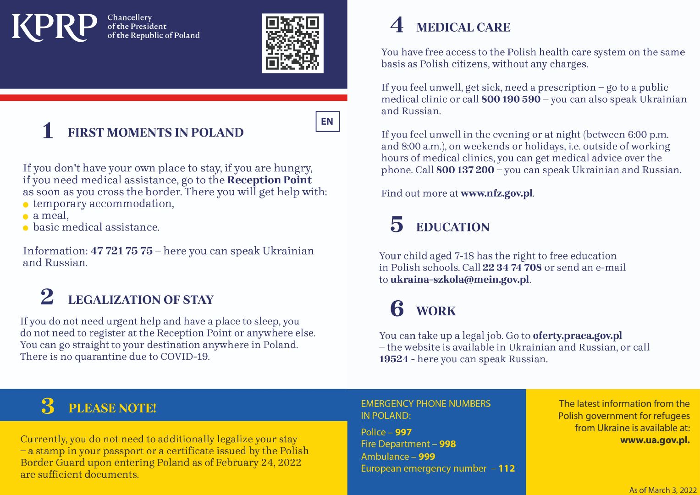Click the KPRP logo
coord(54,27)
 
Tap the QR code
coord(292,43)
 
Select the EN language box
coord(327,121)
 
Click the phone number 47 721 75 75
coord(121,251)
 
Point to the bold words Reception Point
coord(269,180)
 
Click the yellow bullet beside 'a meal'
coord(26,216)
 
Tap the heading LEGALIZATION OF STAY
coord(141,300)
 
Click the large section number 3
coord(48,407)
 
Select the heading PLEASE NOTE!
coord(112,408)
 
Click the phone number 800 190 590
coord(511,99)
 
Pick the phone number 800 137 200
coord(465,170)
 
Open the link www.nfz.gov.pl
coord(496,193)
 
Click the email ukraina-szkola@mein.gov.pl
coord(460,280)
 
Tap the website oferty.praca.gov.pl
coord(577,335)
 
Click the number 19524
coord(393,359)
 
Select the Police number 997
coord(403,432)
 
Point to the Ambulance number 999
coord(427,456)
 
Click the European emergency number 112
coord(507,468)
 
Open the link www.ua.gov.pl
coord(655,440)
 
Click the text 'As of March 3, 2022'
coord(662,490)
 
